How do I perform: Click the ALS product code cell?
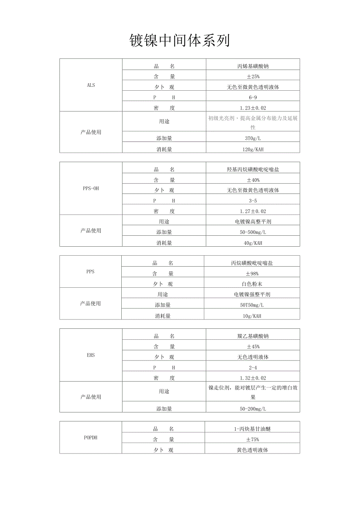(91, 85)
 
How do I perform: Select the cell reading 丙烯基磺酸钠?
(253, 66)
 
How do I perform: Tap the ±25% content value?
(253, 77)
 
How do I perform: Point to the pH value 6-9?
(253, 97)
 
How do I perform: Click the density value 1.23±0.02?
(253, 108)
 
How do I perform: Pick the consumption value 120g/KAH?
(253, 149)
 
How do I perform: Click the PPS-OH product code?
(91, 188)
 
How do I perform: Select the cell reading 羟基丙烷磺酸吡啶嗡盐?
(253, 170)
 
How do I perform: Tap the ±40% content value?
(253, 180)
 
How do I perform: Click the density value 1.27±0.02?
(253, 211)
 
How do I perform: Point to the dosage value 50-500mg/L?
(253, 232)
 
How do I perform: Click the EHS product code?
(91, 355)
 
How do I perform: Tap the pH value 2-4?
(253, 367)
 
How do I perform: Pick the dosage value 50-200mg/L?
(253, 409)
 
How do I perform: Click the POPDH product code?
(91, 437)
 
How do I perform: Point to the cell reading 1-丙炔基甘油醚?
(253, 429)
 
